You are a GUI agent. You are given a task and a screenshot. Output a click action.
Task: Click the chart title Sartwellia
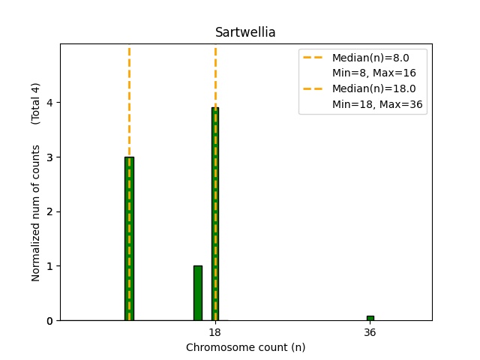coord(245,32)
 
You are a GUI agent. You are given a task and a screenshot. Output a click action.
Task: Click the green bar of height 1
coord(197,293)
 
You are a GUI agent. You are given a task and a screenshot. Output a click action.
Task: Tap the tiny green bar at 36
coord(370,318)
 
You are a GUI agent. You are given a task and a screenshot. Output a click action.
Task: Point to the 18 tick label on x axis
coord(214,332)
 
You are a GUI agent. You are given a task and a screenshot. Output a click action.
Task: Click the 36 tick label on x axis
coord(370,332)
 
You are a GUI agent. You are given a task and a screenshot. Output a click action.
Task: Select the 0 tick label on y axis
coord(50,321)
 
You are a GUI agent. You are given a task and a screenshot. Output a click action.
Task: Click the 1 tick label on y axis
coord(50,266)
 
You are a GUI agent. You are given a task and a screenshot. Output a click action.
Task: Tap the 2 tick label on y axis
coord(50,211)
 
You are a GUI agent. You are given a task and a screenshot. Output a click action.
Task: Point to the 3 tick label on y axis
coord(50,157)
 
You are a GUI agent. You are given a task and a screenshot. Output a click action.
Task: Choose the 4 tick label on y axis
coord(50,103)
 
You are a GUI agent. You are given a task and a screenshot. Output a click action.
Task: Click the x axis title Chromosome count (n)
coord(245,347)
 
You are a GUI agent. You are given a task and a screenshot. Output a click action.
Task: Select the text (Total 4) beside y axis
coord(36,103)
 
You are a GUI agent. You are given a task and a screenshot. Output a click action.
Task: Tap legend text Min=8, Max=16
coord(374,73)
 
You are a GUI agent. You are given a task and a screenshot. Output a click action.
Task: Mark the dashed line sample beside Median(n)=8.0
coord(314,58)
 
